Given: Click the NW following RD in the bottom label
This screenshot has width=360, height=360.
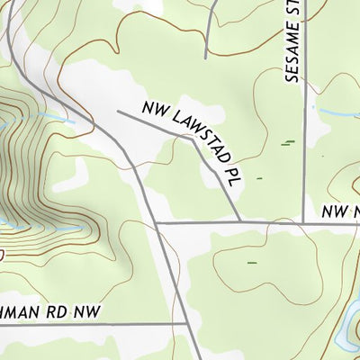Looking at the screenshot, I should (x=90, y=310).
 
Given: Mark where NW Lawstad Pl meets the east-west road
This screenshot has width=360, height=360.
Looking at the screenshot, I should (x=240, y=220).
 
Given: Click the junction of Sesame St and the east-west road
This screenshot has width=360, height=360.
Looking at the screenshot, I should (x=303, y=220).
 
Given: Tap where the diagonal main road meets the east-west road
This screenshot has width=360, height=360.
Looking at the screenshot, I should (x=156, y=221).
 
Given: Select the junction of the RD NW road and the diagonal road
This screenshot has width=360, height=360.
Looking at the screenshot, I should (x=186, y=324).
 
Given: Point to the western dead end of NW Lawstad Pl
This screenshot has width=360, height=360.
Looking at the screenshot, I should (x=119, y=111).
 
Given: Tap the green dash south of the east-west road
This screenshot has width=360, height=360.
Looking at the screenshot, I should (x=251, y=263).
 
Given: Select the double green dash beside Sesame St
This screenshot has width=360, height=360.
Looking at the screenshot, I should (x=288, y=142).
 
